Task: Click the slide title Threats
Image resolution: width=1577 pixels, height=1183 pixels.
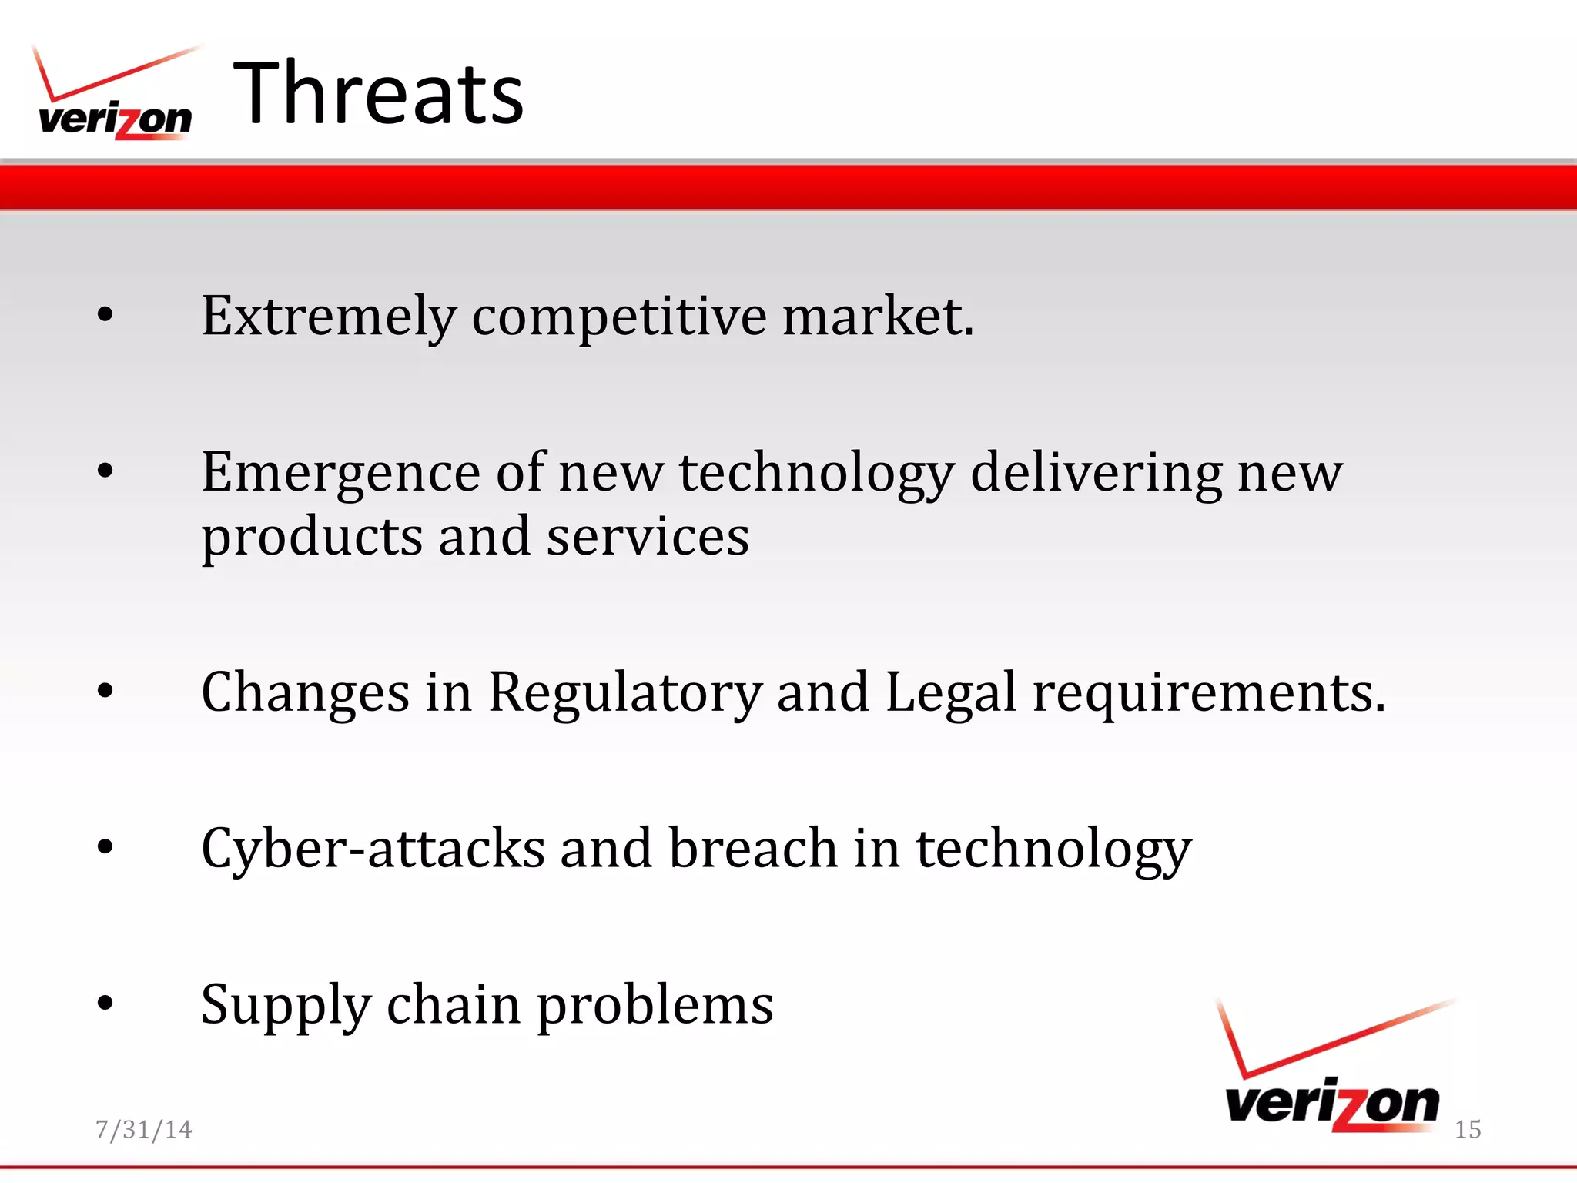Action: click(378, 94)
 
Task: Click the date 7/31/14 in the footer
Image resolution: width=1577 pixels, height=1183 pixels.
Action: click(143, 1129)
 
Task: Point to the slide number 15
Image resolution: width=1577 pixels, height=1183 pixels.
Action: click(1467, 1129)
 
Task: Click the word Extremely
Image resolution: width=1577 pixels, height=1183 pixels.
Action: click(329, 316)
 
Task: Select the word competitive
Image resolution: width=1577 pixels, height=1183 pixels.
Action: click(619, 316)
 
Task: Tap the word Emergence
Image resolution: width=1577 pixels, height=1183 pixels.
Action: click(341, 472)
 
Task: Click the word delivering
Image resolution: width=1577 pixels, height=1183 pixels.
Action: click(1096, 472)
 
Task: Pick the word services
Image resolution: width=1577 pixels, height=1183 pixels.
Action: click(647, 537)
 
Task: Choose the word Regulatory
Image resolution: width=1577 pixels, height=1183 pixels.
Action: click(624, 692)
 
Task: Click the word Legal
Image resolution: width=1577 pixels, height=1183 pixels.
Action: click(951, 692)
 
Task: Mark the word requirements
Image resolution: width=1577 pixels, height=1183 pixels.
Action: click(1208, 692)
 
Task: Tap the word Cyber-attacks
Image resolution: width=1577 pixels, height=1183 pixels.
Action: click(373, 848)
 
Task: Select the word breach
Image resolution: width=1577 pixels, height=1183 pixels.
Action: click(752, 848)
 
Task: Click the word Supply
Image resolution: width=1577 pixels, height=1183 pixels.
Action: click(286, 1005)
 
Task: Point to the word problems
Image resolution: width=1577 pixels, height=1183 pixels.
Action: click(655, 1005)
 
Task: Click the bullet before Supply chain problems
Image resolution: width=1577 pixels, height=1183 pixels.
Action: click(105, 1003)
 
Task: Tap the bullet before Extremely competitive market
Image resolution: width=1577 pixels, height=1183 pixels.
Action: click(105, 314)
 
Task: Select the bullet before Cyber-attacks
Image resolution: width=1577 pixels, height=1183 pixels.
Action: click(105, 847)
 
